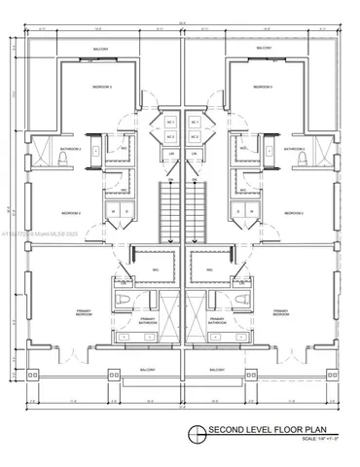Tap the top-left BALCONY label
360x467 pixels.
(x=101, y=48)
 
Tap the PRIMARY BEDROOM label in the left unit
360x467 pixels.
(x=81, y=313)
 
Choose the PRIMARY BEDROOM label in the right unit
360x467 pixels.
(x=280, y=313)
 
